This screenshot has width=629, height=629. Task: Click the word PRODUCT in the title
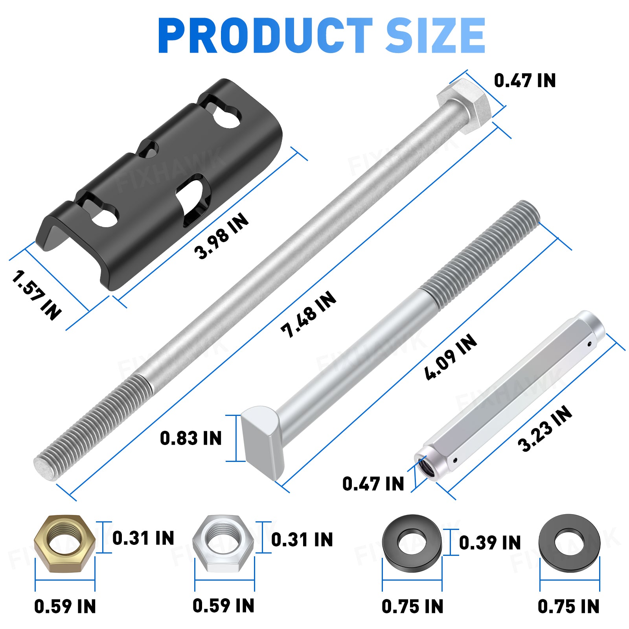[x=264, y=36]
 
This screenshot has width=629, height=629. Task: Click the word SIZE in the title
[x=436, y=36]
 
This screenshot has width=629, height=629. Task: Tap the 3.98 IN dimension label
[x=221, y=236]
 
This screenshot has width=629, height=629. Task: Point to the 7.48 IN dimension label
[x=309, y=314]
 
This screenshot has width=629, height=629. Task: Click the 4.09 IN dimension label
[x=451, y=357]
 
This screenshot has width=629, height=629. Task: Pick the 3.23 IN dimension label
[x=544, y=429]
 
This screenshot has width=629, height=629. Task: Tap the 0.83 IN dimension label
[x=191, y=438]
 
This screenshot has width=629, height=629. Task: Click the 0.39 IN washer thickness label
[x=490, y=543]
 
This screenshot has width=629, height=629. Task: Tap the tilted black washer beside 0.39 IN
[x=412, y=543]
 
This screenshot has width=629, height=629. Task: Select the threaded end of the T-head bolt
[x=484, y=252]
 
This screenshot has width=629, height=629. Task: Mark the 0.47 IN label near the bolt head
[x=524, y=81]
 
